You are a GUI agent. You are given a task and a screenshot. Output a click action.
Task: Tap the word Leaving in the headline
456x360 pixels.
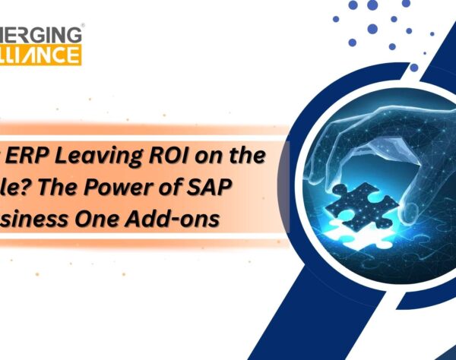(x=95, y=157)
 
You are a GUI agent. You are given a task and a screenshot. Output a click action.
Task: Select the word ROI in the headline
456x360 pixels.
(x=166, y=157)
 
